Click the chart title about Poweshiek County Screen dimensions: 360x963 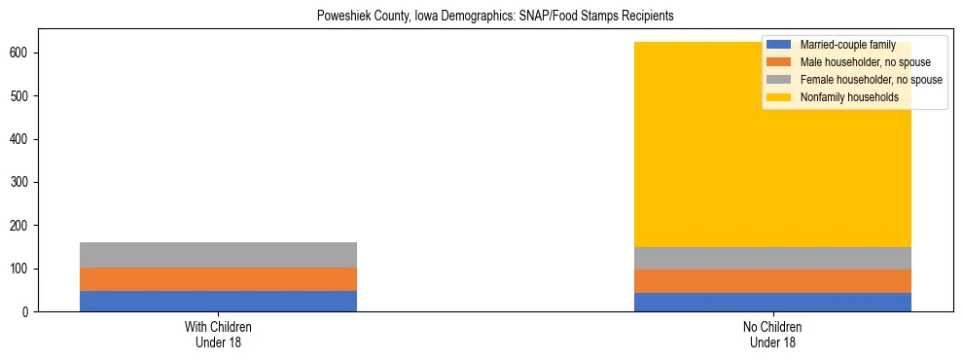point(495,17)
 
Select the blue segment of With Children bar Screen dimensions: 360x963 point(218,301)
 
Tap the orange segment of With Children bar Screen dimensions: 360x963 point(218,279)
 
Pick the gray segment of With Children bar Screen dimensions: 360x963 point(218,255)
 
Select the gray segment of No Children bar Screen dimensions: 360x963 point(772,258)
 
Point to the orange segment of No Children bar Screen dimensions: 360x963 point(772,281)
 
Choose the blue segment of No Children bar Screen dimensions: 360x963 point(772,302)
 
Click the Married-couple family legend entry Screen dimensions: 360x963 point(847,45)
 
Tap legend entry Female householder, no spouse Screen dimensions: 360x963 point(871,80)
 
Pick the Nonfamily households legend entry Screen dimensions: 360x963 point(849,97)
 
